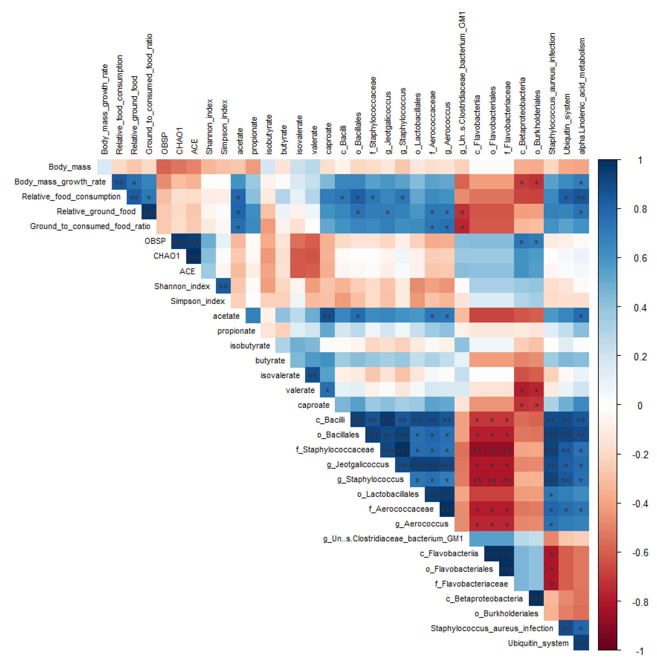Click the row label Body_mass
(69, 167)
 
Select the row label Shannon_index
(182, 286)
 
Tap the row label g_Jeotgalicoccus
(357, 464)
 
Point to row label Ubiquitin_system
(538, 643)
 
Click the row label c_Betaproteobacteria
(484, 598)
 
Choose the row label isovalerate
(280, 375)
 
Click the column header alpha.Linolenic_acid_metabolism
(582, 96)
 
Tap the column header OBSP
(165, 143)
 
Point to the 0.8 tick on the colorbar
(640, 209)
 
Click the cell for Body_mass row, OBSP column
(164, 167)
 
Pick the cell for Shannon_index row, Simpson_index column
(223, 286)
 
